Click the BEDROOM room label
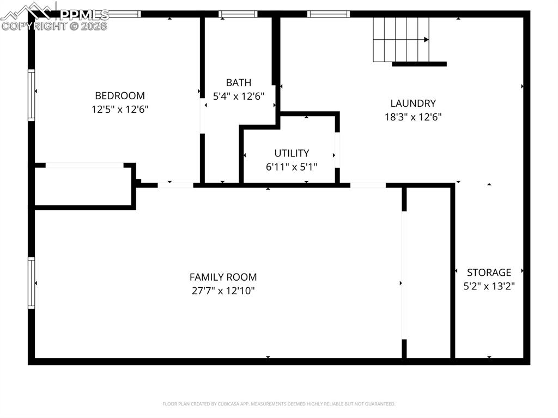click(120, 95)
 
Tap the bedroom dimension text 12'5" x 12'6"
click(120, 109)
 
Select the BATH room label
click(239, 82)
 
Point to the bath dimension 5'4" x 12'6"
click(239, 96)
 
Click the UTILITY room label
click(292, 153)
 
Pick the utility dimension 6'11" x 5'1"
click(292, 167)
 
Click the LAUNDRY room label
click(413, 103)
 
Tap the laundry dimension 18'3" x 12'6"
click(413, 117)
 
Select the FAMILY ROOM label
click(223, 277)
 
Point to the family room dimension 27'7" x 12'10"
click(223, 290)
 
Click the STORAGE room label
click(489, 272)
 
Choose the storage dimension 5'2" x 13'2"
click(489, 285)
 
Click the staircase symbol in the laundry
click(401, 39)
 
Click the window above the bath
click(238, 14)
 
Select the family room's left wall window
click(32, 283)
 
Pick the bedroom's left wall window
click(32, 95)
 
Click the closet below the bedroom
click(83, 186)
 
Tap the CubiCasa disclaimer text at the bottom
click(278, 404)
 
